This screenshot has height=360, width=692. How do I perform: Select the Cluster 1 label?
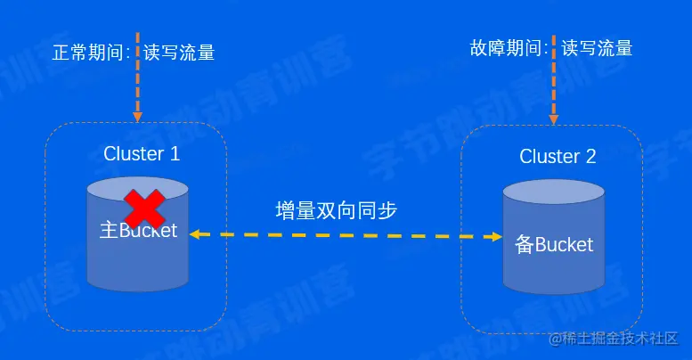point(142,153)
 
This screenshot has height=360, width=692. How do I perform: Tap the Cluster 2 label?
point(558,157)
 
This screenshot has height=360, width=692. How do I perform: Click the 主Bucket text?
point(138,231)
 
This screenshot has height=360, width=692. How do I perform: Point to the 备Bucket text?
point(554,244)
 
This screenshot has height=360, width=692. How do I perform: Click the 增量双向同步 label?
point(336,211)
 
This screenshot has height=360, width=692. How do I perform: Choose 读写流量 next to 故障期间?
point(597,48)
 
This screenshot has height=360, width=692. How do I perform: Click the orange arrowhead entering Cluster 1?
point(137,115)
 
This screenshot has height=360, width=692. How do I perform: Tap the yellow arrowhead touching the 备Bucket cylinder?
point(495,236)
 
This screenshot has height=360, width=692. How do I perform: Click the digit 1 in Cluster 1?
point(174,153)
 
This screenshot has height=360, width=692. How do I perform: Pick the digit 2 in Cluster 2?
point(590,157)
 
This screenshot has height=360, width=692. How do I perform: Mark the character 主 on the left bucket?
point(108,231)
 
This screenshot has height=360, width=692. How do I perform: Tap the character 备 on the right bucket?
point(524,244)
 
